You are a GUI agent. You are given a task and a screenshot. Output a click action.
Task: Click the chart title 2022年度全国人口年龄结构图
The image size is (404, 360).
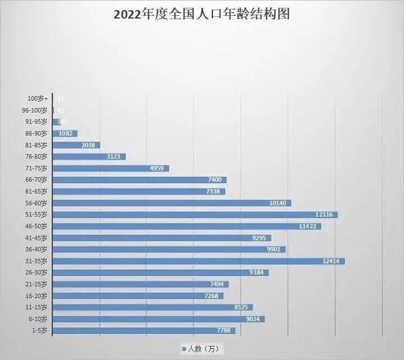(201, 15)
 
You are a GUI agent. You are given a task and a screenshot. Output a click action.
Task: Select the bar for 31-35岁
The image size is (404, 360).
(199, 261)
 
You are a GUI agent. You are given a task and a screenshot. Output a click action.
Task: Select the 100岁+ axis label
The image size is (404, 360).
(39, 99)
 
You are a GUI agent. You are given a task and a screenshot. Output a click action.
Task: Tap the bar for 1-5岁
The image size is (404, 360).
(144, 331)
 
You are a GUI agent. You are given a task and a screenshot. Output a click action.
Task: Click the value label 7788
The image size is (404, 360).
(223, 331)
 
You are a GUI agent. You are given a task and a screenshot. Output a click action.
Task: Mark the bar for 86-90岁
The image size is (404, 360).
(65, 133)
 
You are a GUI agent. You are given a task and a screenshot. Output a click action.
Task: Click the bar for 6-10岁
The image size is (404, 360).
(158, 319)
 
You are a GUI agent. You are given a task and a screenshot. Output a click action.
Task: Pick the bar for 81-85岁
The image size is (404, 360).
(76, 145)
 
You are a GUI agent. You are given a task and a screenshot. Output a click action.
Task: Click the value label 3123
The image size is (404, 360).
(114, 157)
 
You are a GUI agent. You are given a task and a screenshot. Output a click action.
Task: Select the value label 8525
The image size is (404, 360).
(241, 307)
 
